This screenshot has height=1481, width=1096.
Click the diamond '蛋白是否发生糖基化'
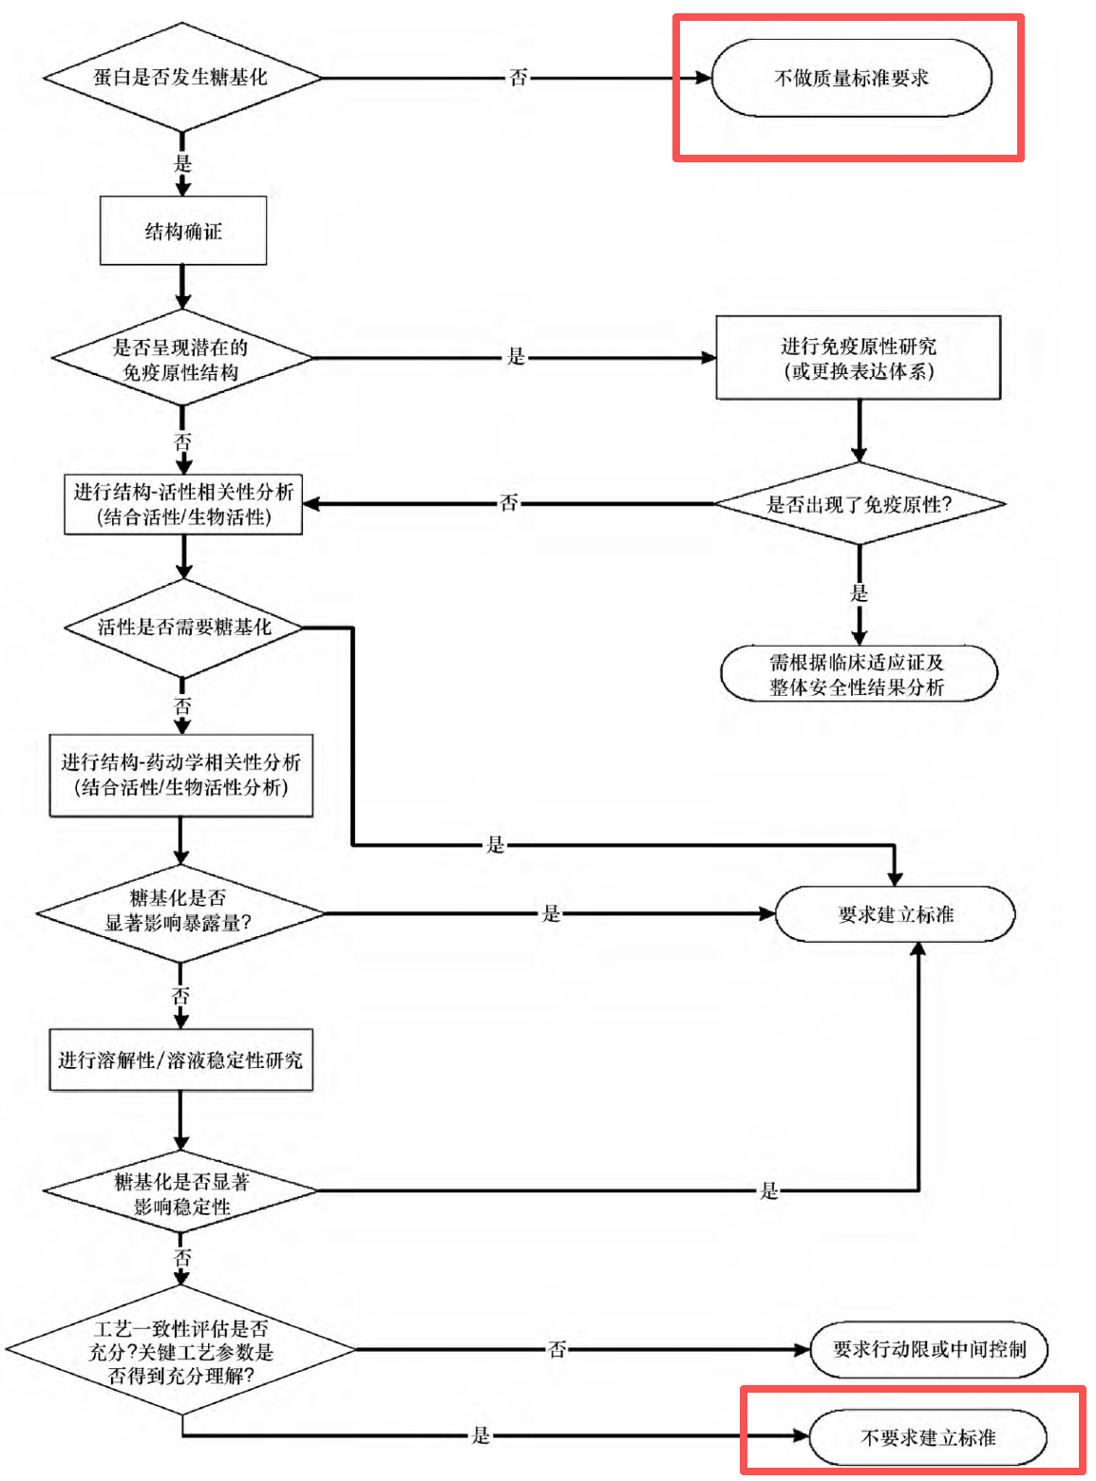point(181,78)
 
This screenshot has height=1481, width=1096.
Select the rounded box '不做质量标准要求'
point(851,78)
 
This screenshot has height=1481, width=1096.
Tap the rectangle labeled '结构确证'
point(183,231)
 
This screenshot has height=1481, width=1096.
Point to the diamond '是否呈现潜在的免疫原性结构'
point(181,358)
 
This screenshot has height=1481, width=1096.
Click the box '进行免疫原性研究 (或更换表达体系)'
point(859,358)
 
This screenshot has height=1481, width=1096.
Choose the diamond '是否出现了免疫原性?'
point(860,503)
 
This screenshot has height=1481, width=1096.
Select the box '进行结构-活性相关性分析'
point(183,504)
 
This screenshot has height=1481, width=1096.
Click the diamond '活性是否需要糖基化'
point(183,628)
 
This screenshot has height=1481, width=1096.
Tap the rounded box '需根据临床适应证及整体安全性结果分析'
point(859,674)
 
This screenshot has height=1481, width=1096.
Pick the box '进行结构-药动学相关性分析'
point(181,776)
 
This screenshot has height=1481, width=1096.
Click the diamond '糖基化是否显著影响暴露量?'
point(180,912)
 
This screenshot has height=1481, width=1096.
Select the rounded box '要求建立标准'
point(895,914)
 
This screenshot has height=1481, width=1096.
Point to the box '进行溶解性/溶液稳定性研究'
point(181,1059)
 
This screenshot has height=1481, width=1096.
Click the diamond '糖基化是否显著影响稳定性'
point(180,1190)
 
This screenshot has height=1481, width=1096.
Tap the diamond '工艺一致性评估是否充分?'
point(181,1349)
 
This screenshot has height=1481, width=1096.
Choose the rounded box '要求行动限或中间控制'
point(929,1349)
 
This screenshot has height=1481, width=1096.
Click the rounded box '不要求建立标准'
point(928,1437)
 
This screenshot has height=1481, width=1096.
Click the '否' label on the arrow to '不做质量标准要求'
point(518,78)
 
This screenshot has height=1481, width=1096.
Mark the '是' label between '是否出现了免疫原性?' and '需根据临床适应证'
point(859,593)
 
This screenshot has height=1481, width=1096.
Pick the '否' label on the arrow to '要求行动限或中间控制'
point(557,1349)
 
